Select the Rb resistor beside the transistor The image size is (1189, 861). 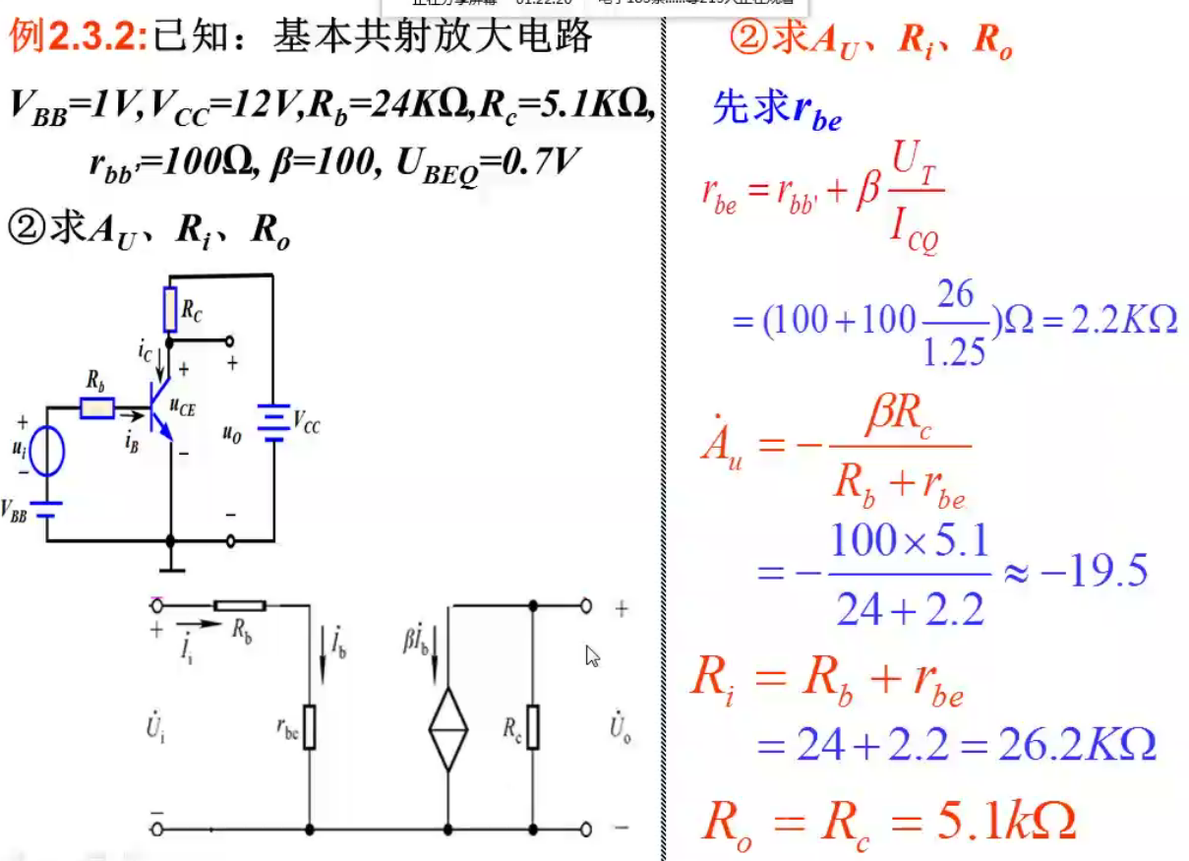coord(96,407)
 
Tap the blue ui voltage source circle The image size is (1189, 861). coord(47,453)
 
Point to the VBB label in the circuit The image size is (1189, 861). coord(15,511)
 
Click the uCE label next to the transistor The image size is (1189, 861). coord(182,405)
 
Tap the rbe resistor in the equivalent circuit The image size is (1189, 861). coord(310,726)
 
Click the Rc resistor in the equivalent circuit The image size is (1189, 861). coord(533,726)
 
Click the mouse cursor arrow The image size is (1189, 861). coord(592,656)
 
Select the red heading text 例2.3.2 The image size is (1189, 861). coord(79,36)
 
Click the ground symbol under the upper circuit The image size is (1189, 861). coord(171,564)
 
